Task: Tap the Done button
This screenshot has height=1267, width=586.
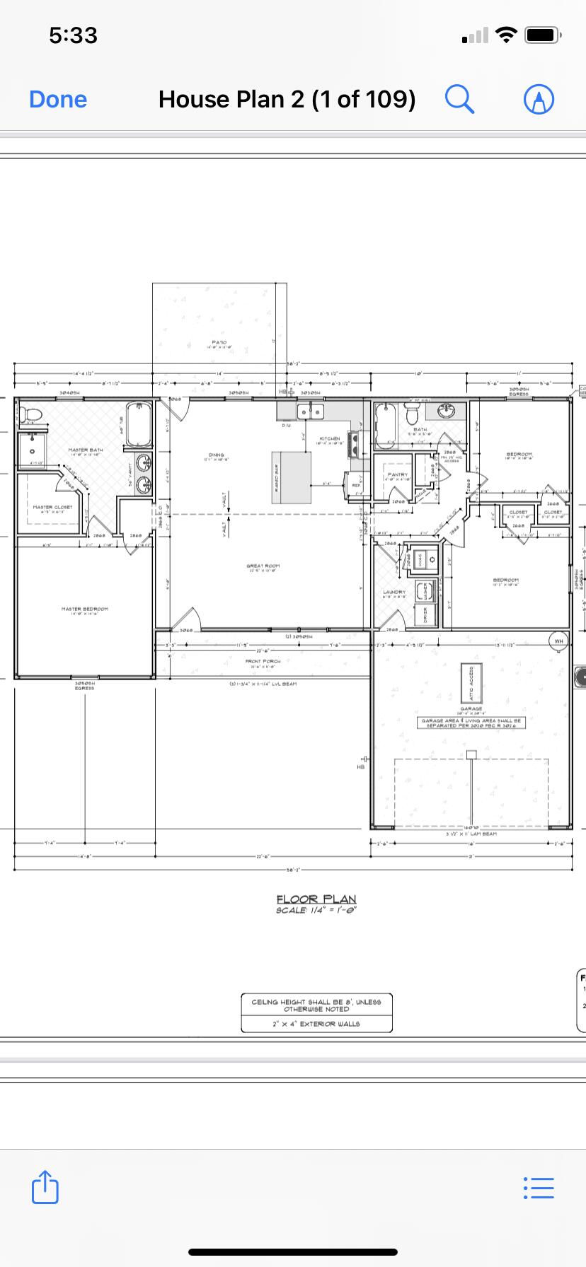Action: (x=58, y=100)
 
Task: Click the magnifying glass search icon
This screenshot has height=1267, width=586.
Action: (x=459, y=99)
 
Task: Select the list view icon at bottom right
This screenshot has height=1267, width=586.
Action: (x=539, y=1187)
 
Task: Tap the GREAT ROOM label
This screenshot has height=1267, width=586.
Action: (x=263, y=566)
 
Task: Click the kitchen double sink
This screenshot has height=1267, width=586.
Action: (x=310, y=412)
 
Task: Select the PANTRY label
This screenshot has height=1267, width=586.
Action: (x=397, y=474)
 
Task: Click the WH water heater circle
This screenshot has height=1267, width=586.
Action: (x=559, y=641)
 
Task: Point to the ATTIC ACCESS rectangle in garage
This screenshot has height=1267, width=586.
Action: (x=471, y=682)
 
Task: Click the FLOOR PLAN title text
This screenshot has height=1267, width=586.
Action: (x=316, y=899)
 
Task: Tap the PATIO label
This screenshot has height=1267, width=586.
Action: (x=219, y=342)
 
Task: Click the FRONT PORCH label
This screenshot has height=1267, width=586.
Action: (x=263, y=662)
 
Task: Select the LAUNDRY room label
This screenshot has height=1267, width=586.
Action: (x=393, y=592)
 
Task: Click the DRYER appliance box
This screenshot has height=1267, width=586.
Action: (x=425, y=614)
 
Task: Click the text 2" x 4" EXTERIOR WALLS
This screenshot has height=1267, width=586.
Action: (x=316, y=1023)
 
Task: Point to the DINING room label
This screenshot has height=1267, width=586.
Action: (x=217, y=455)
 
